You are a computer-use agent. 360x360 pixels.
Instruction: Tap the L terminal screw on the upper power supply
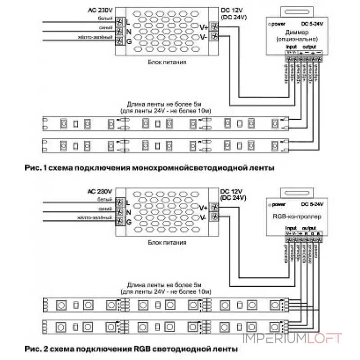pos(120,22)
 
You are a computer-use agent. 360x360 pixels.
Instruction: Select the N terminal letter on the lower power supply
pos(129,212)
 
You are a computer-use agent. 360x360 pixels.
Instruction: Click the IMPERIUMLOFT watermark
pos(292,338)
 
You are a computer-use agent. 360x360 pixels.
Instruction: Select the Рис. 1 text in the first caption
pos(34,168)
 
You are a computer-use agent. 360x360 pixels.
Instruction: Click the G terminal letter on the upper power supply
pos(129,41)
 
